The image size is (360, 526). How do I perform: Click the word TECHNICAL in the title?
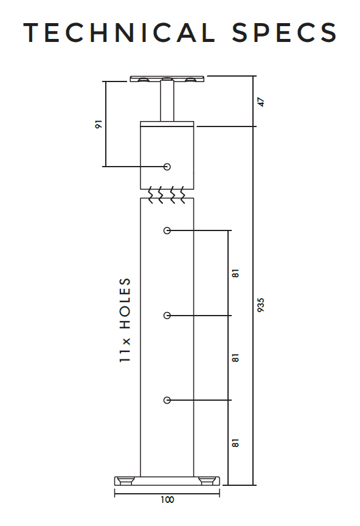pos(119,33)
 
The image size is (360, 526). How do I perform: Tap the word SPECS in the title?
pos(284,33)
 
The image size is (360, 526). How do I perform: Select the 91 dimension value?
pos(99,124)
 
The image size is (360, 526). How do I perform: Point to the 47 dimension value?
pos(261,102)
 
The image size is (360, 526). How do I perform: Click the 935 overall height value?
pos(261,305)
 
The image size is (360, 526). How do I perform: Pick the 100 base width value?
pos(167,500)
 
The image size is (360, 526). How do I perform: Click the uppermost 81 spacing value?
pos(235,273)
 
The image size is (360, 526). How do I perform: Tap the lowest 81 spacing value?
pos(235,443)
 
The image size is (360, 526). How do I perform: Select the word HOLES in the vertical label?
pos(125,303)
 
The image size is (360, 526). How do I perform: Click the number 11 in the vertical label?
pos(125,356)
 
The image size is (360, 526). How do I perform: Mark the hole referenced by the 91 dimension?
pos(167,167)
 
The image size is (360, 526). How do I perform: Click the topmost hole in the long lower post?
pos(167,230)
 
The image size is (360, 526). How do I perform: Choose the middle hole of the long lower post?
pos(167,316)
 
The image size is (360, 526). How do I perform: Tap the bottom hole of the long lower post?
pos(167,400)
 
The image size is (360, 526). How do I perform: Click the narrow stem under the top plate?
pos(167,101)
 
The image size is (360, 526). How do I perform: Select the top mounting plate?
pos(167,79)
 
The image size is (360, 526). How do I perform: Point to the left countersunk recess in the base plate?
pos(128,481)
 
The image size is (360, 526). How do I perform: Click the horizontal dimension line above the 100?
pos(167,493)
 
